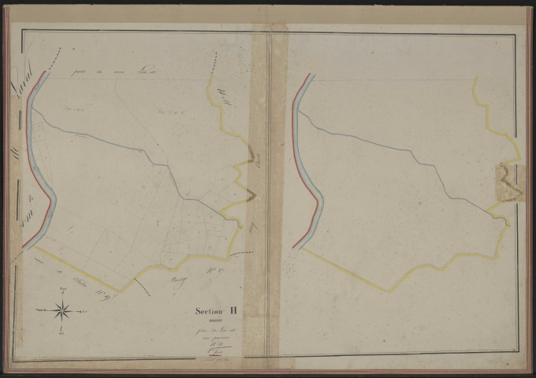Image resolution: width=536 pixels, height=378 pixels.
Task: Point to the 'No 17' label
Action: pos(212,272)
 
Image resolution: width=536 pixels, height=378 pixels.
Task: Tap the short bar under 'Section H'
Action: pos(220,321)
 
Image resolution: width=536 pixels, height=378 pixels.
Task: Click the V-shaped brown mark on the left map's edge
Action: pos(251,194)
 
